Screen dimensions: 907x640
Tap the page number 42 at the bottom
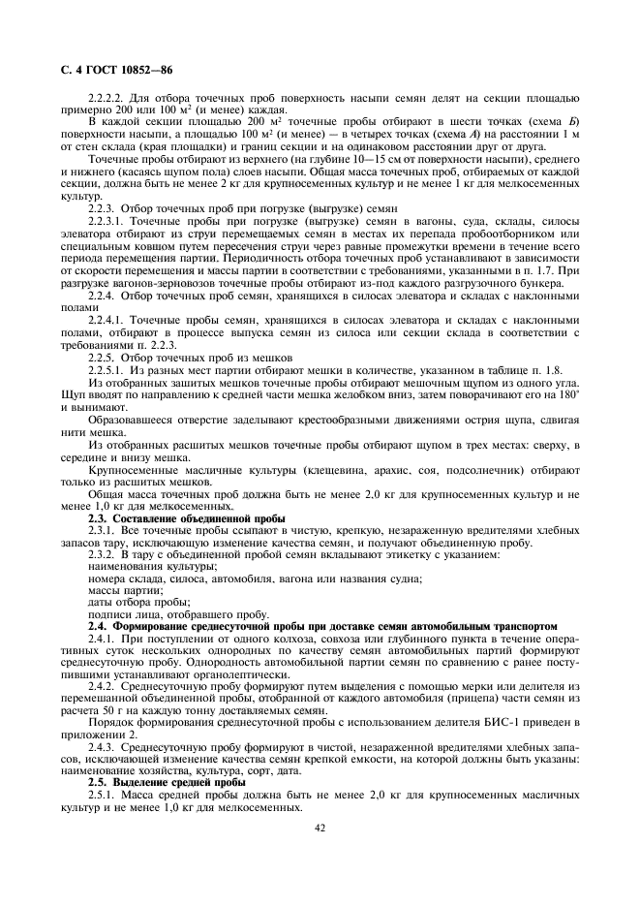(x=320, y=827)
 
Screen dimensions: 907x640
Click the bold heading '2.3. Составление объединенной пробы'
(x=186, y=518)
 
